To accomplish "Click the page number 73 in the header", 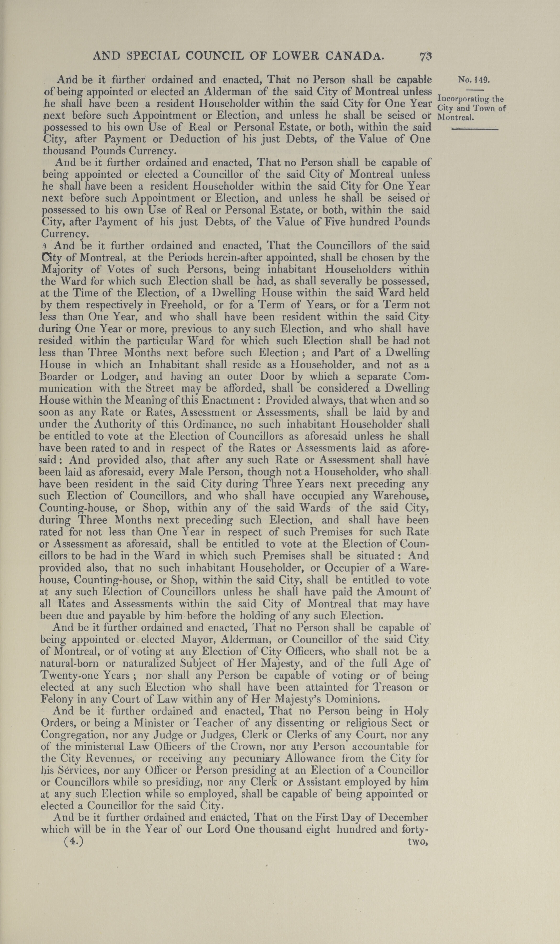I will coord(426,57).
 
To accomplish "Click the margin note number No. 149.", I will coord(474,80).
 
